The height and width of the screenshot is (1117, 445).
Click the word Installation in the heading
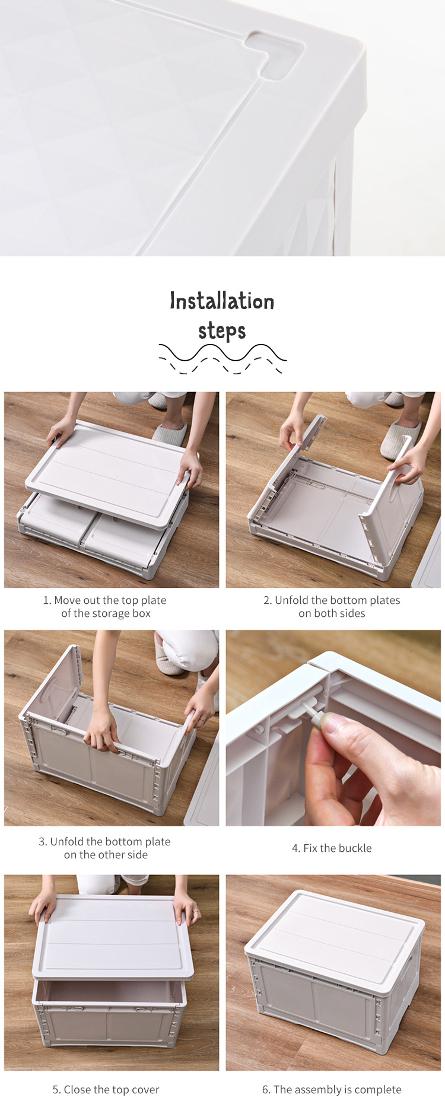click(x=222, y=301)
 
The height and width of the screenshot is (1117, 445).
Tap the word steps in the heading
click(x=222, y=330)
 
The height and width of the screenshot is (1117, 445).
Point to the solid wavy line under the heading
click(x=223, y=352)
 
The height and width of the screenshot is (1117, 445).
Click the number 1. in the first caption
click(x=47, y=600)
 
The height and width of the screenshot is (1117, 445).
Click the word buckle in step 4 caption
click(x=355, y=848)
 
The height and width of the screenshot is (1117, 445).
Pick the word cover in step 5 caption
click(x=145, y=1090)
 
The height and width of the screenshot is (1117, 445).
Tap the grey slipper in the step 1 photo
click(x=171, y=432)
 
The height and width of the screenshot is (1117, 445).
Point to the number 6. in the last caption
click(x=266, y=1090)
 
